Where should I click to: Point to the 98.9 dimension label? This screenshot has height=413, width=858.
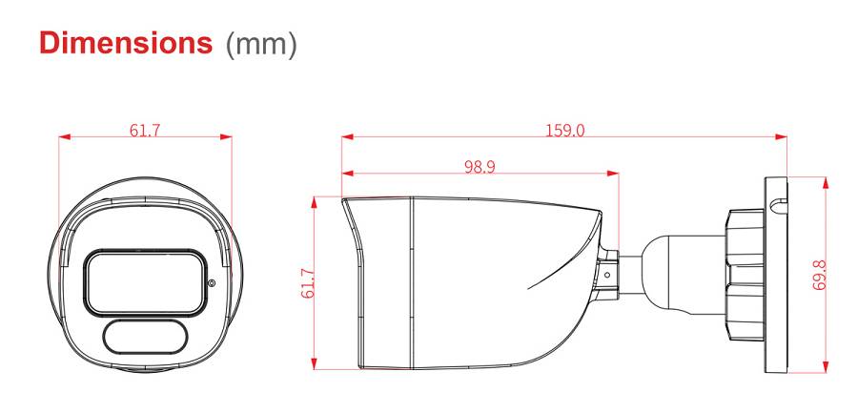click(480, 166)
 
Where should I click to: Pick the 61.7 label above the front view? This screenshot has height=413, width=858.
click(145, 130)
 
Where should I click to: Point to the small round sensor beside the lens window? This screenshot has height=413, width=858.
click(211, 281)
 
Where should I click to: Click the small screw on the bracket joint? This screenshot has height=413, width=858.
click(606, 273)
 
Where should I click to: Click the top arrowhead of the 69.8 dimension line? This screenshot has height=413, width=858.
click(827, 179)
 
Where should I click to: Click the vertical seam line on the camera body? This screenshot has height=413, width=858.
click(411, 282)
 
